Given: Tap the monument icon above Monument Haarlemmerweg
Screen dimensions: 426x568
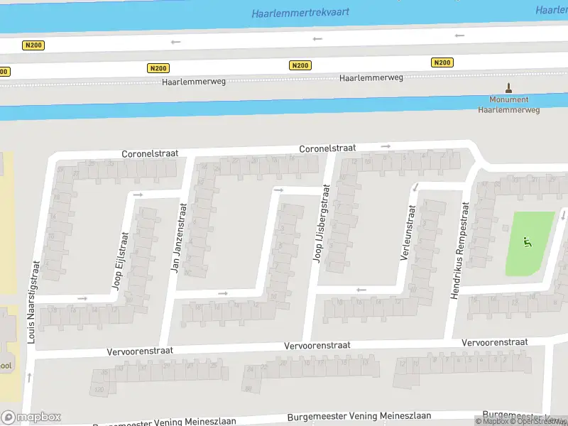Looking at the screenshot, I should click(x=508, y=89).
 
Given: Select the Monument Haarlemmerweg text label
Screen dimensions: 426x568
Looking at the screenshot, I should click(x=508, y=105).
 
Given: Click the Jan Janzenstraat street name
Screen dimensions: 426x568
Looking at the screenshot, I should click(x=178, y=239).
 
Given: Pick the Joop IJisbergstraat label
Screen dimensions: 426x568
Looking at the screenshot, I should click(x=321, y=223).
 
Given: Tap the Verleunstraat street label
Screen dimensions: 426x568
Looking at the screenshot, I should click(x=406, y=234).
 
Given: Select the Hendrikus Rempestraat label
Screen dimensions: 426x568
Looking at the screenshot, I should click(x=459, y=250).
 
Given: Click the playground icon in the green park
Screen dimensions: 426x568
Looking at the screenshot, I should click(x=527, y=242).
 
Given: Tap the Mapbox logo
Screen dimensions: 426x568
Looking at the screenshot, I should click(x=31, y=417).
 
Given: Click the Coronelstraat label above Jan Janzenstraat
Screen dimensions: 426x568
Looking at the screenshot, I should click(x=149, y=153).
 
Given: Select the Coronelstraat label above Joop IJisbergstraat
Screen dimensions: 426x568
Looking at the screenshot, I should click(x=327, y=149).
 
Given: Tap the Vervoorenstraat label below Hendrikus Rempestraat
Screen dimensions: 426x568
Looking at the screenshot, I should click(x=495, y=342).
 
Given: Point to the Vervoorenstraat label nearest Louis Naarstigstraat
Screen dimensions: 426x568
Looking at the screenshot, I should click(x=140, y=351).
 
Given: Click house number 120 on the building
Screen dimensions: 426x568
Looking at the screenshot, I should click(x=99, y=390).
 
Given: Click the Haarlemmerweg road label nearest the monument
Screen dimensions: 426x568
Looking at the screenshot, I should click(x=373, y=76).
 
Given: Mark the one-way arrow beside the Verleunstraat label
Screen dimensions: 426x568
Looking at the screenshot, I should click(x=415, y=187).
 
